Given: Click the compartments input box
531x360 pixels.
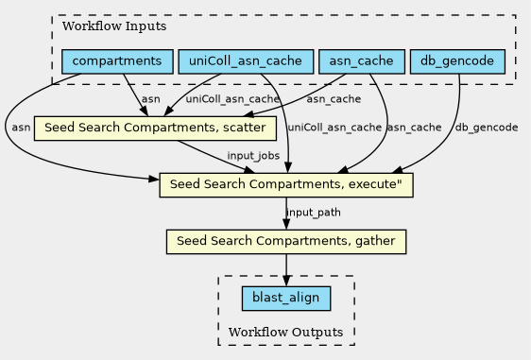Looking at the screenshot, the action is coord(117,61).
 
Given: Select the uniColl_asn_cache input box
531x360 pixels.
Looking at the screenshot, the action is coord(246,61).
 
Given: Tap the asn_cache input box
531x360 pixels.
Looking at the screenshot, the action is coord(362,61).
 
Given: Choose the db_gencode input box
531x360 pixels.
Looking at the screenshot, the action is coord(457,61).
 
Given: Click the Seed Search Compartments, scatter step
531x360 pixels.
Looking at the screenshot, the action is coord(155,128).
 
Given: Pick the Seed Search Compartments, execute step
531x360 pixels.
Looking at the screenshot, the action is coord(286,185).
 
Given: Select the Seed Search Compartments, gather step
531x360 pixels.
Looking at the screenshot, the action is coord(286,242).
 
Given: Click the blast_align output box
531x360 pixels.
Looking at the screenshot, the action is coord(286,298).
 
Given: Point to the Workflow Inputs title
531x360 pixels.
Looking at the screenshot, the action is coord(114,26).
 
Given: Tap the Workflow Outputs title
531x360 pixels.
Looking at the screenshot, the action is coord(286,333).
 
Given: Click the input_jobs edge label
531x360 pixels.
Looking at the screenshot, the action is coord(253,156).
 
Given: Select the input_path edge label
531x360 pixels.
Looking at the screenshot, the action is coord(314,213).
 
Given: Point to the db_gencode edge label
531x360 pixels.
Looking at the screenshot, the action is coord(487,128).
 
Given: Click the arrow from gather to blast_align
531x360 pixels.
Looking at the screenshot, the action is coord(286,270).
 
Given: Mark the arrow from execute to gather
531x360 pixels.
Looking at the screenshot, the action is coord(286,214).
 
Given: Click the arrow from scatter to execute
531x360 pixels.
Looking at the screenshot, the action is coord(216,157).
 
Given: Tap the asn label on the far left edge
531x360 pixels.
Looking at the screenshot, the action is coord(21,128).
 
